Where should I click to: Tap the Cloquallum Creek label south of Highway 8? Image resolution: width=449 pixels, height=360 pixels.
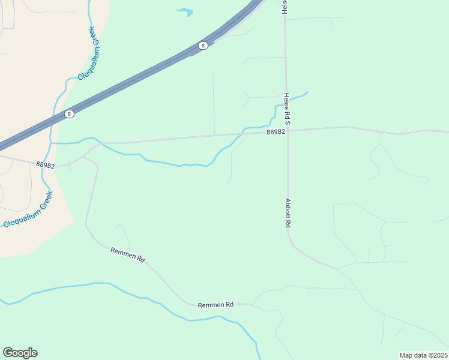click(x=28, y=209)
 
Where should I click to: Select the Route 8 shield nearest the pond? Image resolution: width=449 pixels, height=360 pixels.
click(x=203, y=46)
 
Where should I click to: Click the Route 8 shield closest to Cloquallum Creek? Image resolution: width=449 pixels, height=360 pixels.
click(x=70, y=114)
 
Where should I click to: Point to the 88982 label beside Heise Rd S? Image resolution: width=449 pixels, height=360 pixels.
click(x=276, y=132)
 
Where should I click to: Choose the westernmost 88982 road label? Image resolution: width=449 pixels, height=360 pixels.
click(x=45, y=164)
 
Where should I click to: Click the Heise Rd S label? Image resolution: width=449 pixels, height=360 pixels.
click(x=287, y=109)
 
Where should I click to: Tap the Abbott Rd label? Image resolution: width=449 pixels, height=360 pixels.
click(x=288, y=212)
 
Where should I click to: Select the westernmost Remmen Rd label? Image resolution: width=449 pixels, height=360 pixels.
click(x=128, y=255)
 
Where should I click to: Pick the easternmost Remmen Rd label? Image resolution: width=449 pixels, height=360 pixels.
click(x=215, y=305)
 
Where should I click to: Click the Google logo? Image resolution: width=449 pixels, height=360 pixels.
click(x=20, y=353)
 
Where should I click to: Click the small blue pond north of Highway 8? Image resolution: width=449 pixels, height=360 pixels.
click(x=185, y=11)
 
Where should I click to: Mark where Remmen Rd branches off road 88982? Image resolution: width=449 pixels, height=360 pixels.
click(x=83, y=156)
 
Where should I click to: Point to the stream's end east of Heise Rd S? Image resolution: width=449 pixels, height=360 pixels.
click(x=307, y=92)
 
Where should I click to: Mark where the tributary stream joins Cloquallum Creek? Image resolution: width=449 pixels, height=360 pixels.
click(x=52, y=143)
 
